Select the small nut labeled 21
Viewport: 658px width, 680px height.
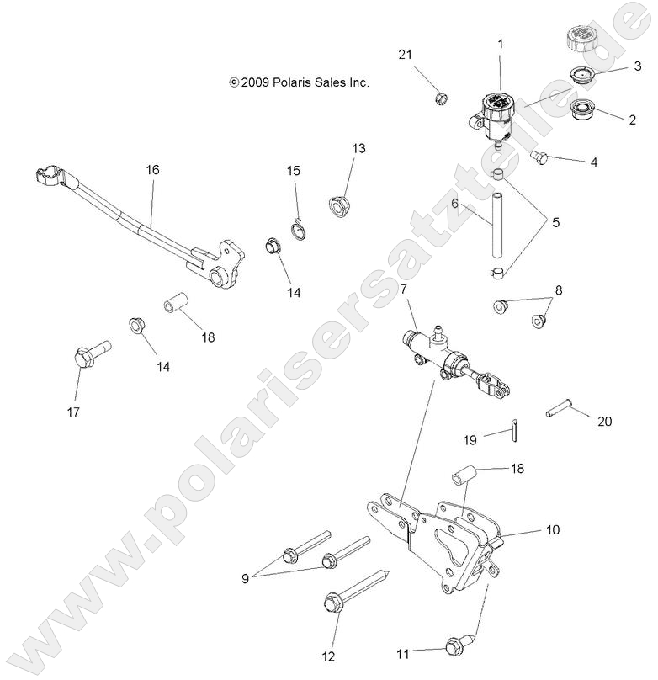pyautogui.click(x=439, y=98)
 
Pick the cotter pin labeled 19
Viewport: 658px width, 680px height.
pyautogui.click(x=515, y=428)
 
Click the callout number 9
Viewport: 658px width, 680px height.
pyautogui.click(x=246, y=578)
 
